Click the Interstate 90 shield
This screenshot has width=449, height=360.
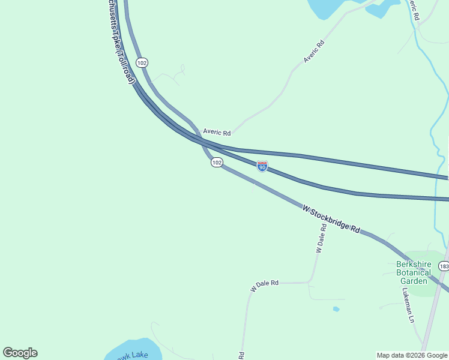click(x=262, y=166)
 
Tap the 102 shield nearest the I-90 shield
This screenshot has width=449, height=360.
click(x=217, y=163)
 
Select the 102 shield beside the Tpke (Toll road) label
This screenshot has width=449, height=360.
click(x=142, y=63)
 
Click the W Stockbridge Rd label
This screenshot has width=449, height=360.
click(x=331, y=220)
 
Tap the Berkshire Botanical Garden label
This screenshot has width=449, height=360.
click(x=414, y=272)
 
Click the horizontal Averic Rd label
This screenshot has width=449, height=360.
click(x=217, y=132)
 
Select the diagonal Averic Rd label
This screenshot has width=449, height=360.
click(x=314, y=51)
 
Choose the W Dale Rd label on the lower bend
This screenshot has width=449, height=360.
click(x=265, y=286)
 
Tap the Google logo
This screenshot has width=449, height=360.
click(x=20, y=353)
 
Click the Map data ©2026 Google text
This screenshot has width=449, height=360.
click(x=412, y=355)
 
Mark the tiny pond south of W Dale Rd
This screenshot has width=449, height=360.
click(x=336, y=309)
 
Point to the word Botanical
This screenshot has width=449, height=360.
click(x=414, y=272)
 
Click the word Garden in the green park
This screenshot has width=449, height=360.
click(x=414, y=281)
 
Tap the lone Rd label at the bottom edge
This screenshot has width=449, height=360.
click(x=241, y=355)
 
